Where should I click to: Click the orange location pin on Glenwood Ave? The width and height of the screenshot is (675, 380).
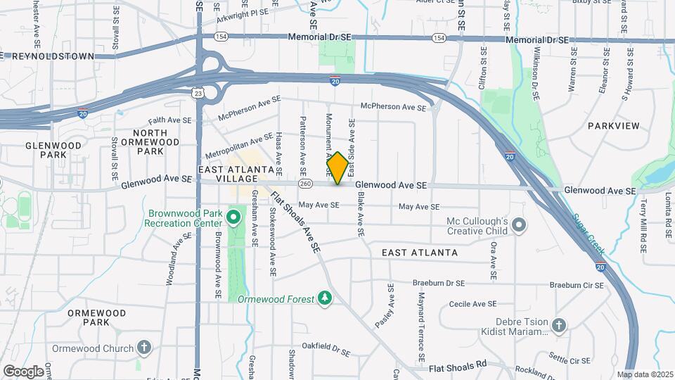(337, 167)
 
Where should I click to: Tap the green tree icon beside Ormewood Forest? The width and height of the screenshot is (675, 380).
(324, 298)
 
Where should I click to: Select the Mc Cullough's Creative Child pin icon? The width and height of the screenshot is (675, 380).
(519, 225)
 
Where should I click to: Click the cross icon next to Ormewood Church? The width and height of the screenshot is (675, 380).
(144, 348)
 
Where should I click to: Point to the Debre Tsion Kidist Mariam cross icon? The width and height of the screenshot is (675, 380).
(558, 325)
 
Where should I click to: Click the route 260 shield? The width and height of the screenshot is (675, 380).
(304, 184)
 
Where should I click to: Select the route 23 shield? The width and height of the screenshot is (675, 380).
(198, 91)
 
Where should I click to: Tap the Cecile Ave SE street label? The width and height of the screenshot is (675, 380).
(472, 304)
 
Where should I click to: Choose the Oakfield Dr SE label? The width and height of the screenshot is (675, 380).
(326, 347)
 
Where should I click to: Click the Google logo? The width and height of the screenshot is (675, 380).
(23, 370)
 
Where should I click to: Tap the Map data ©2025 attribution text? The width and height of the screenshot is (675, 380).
(645, 374)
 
